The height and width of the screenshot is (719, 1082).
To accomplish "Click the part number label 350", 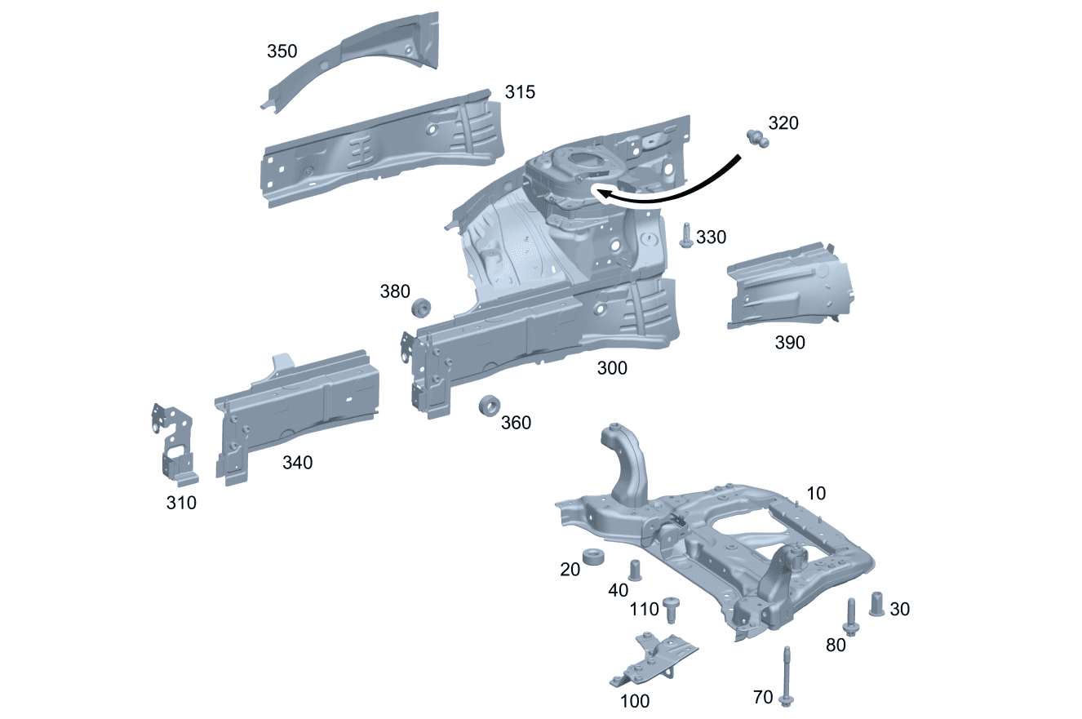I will click(x=282, y=51).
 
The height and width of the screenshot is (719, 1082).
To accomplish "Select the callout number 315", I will click(x=520, y=92).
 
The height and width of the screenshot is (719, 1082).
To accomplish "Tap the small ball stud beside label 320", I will click(x=757, y=139).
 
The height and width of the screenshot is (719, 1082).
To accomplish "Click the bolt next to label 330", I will click(x=685, y=237).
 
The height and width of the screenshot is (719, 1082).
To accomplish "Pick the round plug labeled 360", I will click(x=489, y=406).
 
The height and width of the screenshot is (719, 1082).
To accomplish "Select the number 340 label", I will click(x=297, y=463).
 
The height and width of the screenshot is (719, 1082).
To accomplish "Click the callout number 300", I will click(x=612, y=368).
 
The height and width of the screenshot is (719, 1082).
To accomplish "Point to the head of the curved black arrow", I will click(x=600, y=193).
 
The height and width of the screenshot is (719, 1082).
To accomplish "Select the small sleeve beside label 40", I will click(x=635, y=569).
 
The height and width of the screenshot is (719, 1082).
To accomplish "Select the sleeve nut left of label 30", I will click(x=877, y=605).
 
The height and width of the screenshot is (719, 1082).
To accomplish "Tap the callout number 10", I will click(x=816, y=494).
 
